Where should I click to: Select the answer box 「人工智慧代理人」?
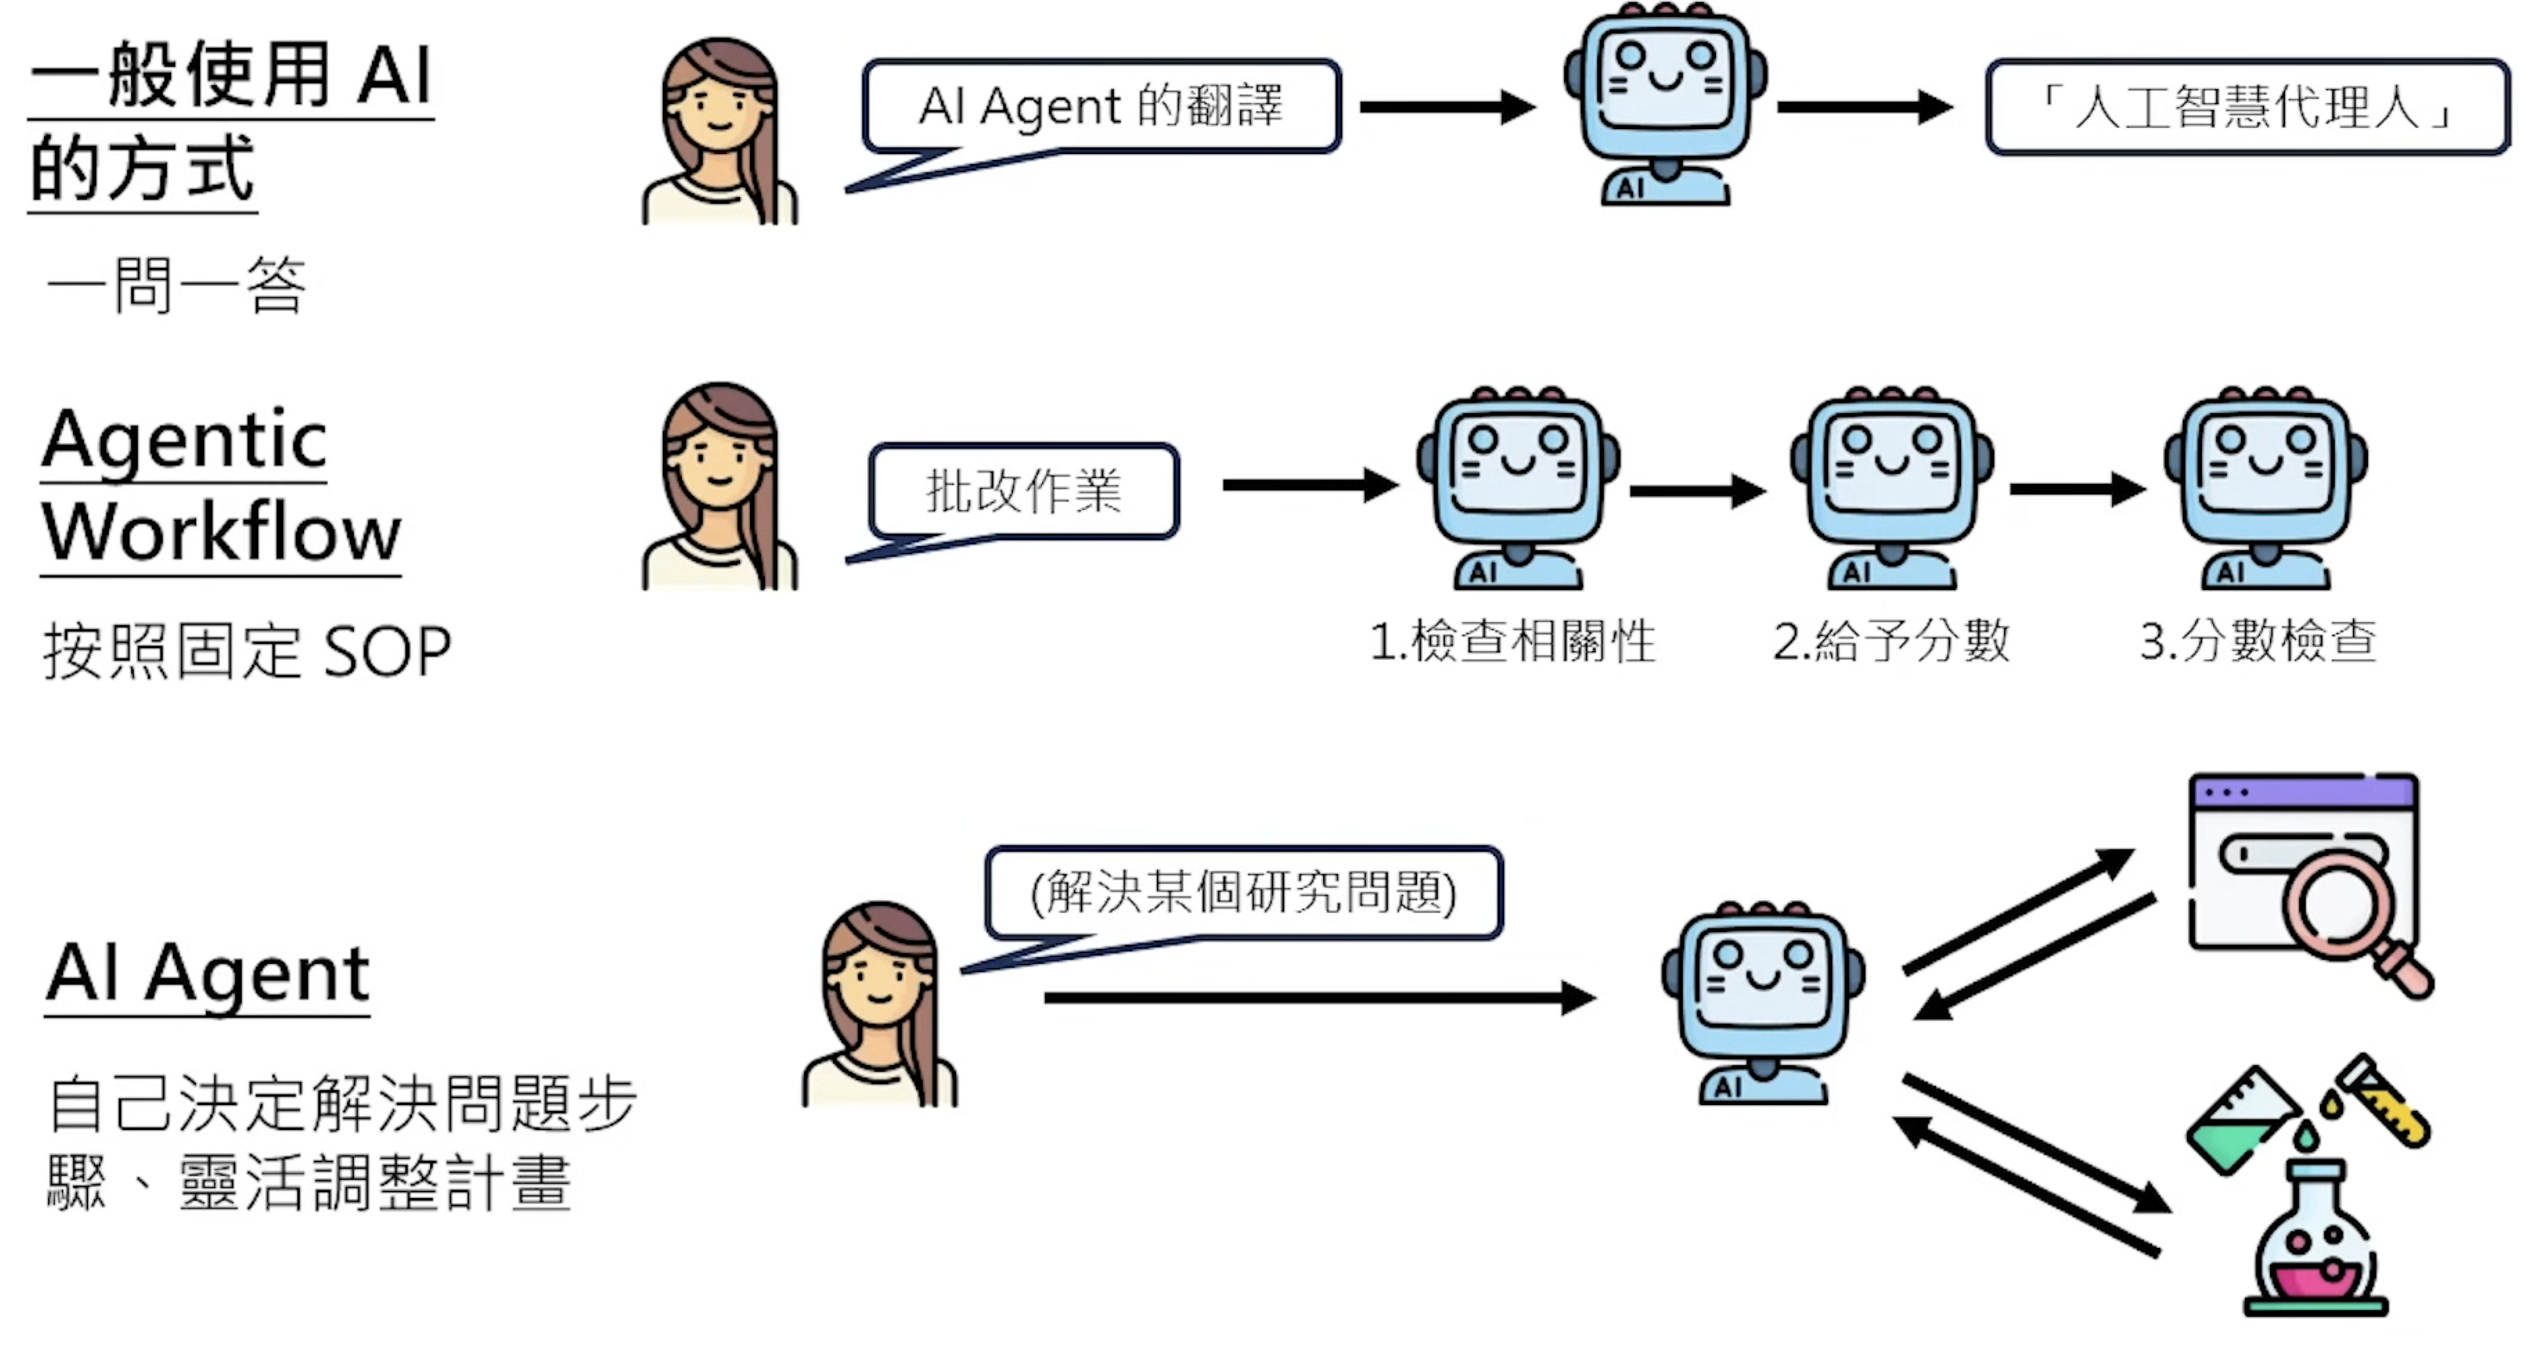pos(2247,106)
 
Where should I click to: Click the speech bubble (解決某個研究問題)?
pos(1243,892)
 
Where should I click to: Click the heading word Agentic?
pos(185,440)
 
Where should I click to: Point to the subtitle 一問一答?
pos(178,286)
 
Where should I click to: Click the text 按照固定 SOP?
pos(247,651)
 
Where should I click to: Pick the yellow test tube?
pos(2387,1102)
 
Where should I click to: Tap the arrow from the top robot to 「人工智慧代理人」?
pos(1864,106)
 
